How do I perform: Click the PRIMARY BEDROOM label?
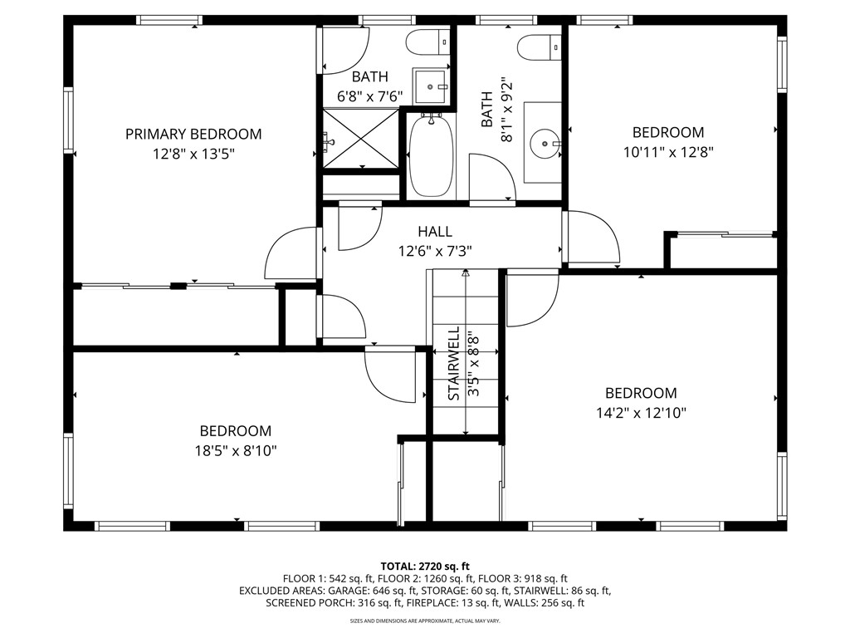[x=193, y=134]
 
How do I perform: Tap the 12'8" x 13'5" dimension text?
[x=193, y=154]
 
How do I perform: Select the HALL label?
[x=435, y=232]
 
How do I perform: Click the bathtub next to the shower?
[x=431, y=156]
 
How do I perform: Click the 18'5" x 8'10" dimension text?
[x=235, y=451]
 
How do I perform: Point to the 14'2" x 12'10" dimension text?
[x=640, y=413]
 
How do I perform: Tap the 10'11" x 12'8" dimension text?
[x=668, y=152]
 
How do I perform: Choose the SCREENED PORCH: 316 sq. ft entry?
[x=329, y=603]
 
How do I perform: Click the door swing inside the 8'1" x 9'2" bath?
[x=492, y=177]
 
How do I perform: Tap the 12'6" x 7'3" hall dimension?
[x=435, y=251]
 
